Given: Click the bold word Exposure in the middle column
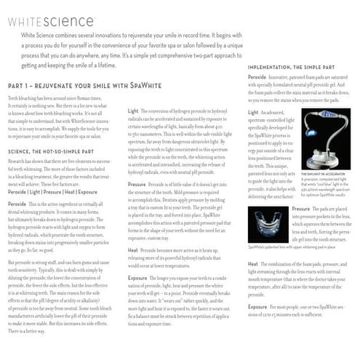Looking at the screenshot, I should (137, 277).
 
